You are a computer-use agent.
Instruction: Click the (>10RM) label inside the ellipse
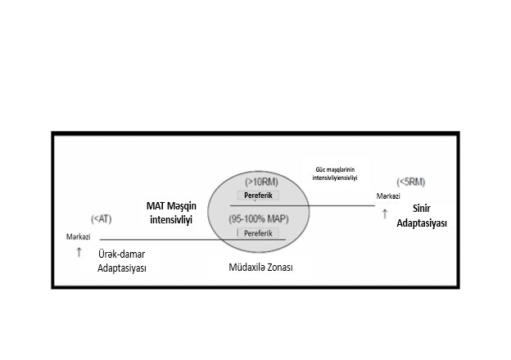tap(261, 182)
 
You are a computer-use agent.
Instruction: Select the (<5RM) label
tap(411, 182)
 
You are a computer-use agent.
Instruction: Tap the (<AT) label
tap(102, 219)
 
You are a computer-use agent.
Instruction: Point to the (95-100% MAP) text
tap(259, 219)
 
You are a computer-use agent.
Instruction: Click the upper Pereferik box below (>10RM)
tap(258, 196)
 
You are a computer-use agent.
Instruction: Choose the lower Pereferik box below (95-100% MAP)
tap(258, 233)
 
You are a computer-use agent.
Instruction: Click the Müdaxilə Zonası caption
tap(260, 268)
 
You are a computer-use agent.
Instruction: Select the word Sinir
tap(422, 209)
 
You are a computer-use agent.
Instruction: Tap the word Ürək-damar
tap(121, 254)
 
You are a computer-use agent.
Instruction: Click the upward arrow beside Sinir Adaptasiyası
tap(385, 214)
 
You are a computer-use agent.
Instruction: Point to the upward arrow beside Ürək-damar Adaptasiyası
tap(79, 252)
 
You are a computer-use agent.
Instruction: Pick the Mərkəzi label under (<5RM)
tap(388, 196)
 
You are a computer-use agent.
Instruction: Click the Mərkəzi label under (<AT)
tap(79, 237)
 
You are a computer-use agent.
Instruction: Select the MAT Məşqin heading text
tap(171, 206)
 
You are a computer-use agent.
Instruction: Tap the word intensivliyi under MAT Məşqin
tap(171, 219)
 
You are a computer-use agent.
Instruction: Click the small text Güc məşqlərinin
tap(335, 169)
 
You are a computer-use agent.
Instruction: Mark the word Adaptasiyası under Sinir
tap(422, 223)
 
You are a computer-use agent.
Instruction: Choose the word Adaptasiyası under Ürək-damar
tap(122, 268)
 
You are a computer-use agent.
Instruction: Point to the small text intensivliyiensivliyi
tap(335, 178)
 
